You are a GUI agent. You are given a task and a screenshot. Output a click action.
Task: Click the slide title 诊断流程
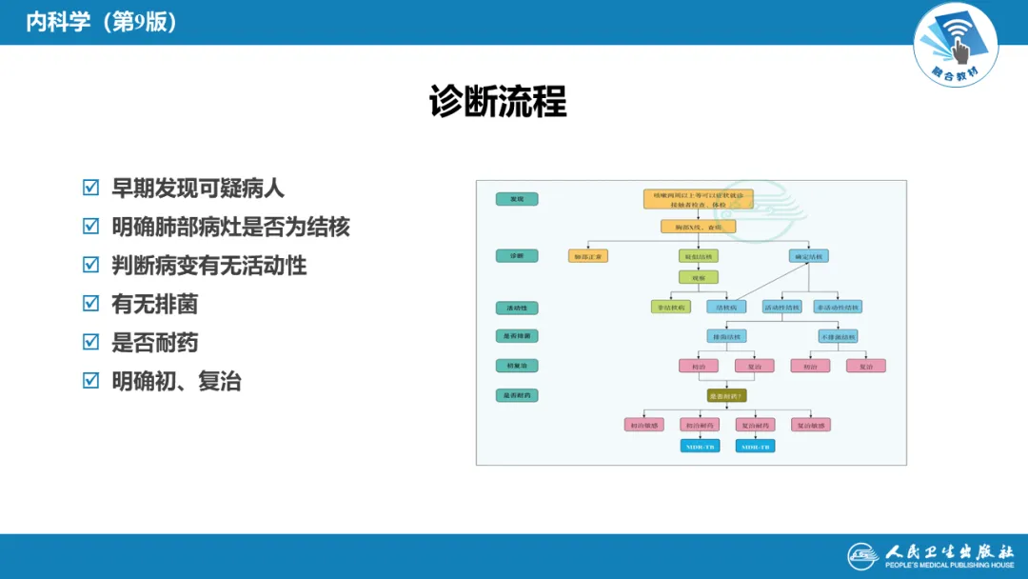point(498,101)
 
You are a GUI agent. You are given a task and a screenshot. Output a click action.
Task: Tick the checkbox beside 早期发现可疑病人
point(90,188)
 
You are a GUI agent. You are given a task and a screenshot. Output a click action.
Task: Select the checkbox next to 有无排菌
point(90,304)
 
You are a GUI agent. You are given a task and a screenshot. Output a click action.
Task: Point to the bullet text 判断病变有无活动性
point(208,266)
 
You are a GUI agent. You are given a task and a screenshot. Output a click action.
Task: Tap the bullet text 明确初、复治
point(176,381)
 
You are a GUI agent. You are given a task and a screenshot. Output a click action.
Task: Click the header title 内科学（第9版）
point(101,22)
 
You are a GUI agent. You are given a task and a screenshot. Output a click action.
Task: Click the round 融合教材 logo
point(956,43)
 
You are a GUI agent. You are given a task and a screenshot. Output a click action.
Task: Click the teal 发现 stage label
point(517,199)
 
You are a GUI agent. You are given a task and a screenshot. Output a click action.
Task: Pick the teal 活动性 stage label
point(517,308)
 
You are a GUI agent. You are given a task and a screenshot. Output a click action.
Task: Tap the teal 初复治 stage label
point(517,366)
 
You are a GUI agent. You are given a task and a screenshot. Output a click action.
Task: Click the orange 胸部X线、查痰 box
point(699,227)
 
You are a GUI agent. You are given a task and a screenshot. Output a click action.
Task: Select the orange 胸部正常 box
point(587,256)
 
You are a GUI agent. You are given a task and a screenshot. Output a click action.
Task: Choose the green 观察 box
point(698,277)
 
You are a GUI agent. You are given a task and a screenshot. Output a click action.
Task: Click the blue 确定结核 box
point(809,256)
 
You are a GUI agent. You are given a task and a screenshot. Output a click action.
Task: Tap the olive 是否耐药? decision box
point(726,395)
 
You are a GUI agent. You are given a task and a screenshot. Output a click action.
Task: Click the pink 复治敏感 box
point(810,425)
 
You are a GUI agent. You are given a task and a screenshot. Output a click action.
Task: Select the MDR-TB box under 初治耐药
point(700,446)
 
